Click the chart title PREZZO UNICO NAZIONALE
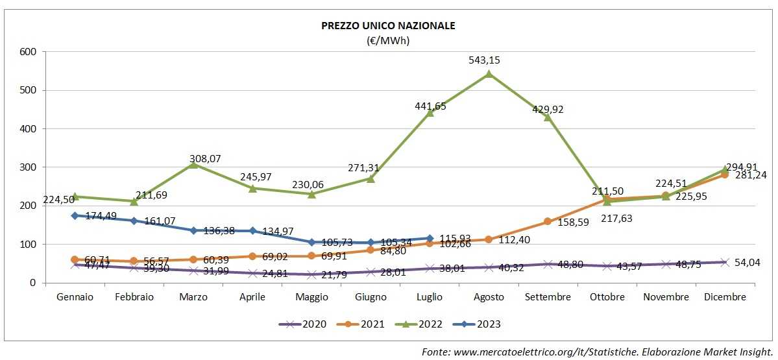pos(388,26)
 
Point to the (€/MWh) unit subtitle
pos(388,40)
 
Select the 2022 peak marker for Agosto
pos(489,74)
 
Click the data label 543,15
pos(485,60)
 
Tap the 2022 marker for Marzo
pos(193,165)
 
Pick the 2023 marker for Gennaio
pos(75,215)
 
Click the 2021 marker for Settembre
pos(548,221)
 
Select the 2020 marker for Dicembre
pos(725,262)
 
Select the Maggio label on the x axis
pos(311,297)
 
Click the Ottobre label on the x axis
pos(607,297)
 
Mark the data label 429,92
pos(548,109)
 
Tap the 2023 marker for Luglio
pos(430,238)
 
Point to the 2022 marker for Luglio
pos(430,113)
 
